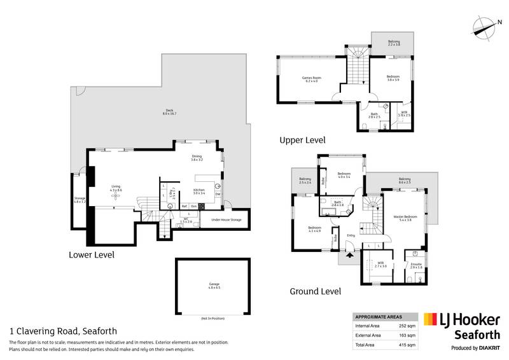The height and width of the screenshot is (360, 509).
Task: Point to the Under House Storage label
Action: pyautogui.click(x=227, y=220)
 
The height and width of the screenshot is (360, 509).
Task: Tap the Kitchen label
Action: pyautogui.click(x=199, y=191)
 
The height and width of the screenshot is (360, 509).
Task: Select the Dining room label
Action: pyautogui.click(x=197, y=158)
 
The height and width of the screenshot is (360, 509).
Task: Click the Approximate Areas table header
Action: pyautogui.click(x=377, y=316)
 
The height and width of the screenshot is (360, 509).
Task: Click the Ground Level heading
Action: pyautogui.click(x=315, y=292)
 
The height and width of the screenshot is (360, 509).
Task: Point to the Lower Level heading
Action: pyautogui.click(x=91, y=255)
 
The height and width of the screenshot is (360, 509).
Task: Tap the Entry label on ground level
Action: pyautogui.click(x=351, y=236)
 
